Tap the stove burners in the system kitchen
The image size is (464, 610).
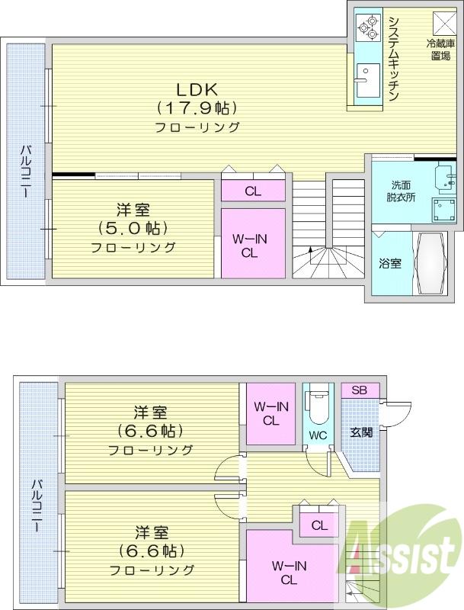tap(366, 28)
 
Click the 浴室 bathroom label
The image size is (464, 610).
tap(390, 263)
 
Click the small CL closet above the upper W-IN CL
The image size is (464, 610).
tap(253, 191)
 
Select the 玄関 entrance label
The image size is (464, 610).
tap(361, 432)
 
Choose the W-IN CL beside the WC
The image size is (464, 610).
tap(270, 413)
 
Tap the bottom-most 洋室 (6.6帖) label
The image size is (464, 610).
tap(151, 550)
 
